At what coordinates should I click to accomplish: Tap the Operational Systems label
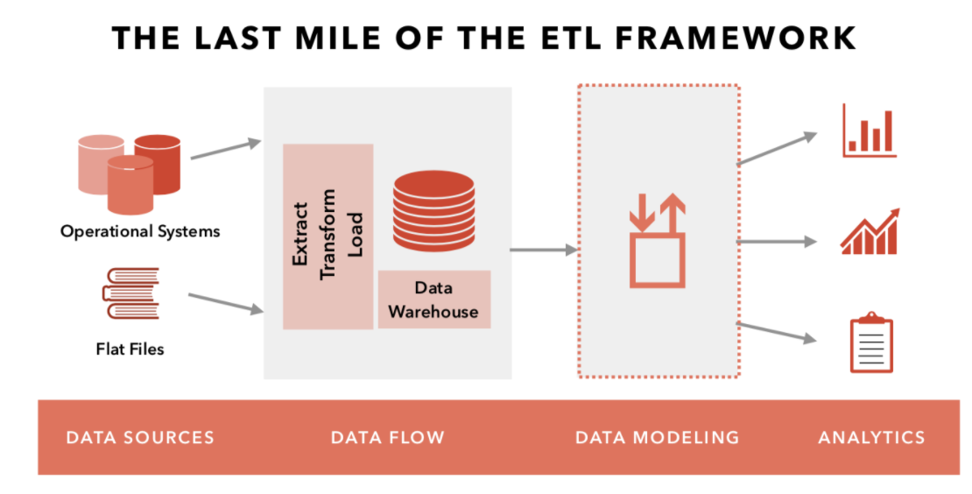pos(140,231)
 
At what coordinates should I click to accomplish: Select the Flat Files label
pos(130,349)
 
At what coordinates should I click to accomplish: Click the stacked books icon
pos(130,293)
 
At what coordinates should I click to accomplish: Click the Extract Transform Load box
pos(328,236)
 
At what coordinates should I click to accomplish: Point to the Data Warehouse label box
pos(434,300)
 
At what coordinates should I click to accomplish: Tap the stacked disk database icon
pos(434,211)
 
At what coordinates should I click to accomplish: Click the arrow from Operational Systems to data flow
pos(226,150)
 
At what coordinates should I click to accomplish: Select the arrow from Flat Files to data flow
pos(226,302)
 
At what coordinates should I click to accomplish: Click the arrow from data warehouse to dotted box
pos(544,250)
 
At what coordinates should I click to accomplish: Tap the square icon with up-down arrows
pos(657,241)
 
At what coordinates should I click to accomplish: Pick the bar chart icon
pos(869,131)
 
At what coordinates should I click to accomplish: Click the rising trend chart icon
pos(870,232)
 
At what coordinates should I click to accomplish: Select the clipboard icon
pos(871,342)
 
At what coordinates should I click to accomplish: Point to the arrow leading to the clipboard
pos(777,332)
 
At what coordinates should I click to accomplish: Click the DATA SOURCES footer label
pos(140,438)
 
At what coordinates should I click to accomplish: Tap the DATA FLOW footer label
pos(387,438)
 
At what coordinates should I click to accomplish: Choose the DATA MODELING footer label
pos(657,438)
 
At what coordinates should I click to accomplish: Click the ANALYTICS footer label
pos(871,438)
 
